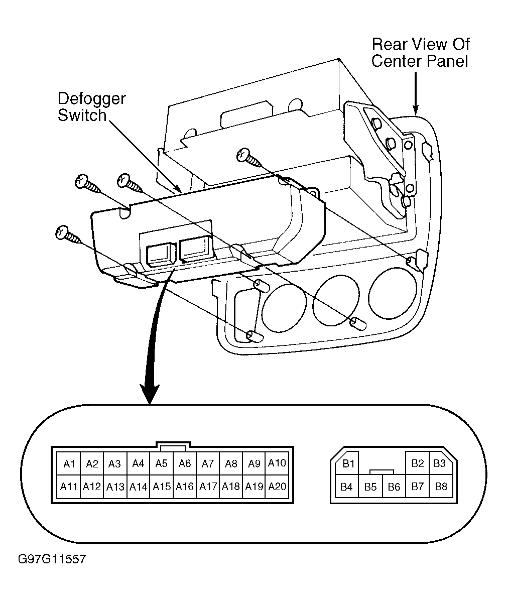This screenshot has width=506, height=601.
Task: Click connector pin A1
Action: tap(69, 464)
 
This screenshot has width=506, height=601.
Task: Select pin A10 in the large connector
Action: tap(277, 464)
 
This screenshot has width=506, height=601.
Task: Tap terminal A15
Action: tap(161, 487)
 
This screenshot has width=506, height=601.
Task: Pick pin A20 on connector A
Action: tap(277, 487)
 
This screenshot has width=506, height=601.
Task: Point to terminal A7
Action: tap(207, 464)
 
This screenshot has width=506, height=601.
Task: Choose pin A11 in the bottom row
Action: tap(69, 487)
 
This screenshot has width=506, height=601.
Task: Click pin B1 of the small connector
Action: tap(347, 464)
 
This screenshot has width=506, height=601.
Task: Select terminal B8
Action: tap(441, 487)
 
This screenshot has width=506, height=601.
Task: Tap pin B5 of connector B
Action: tap(370, 487)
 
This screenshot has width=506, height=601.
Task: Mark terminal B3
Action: tap(440, 464)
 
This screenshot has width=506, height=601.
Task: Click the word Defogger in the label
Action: tap(92, 99)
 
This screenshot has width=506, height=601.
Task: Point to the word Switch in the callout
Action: tap(82, 115)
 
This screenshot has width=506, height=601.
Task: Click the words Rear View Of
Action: tap(421, 45)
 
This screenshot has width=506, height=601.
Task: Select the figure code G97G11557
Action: tap(52, 559)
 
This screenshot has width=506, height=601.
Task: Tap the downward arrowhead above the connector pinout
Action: tap(150, 393)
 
